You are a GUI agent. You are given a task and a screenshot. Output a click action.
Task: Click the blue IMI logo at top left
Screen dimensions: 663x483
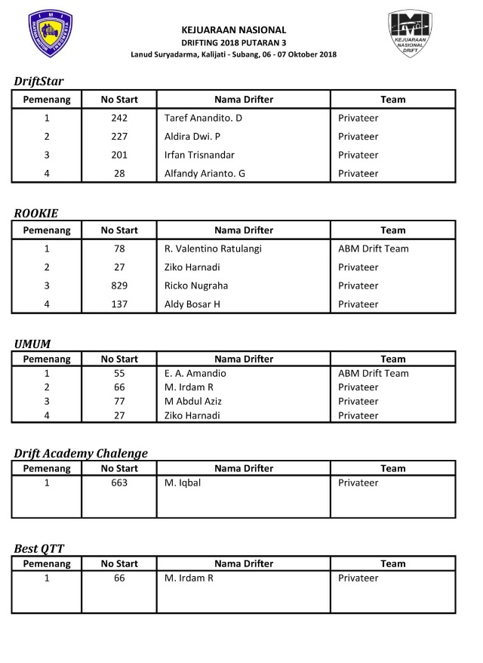coord(50,34)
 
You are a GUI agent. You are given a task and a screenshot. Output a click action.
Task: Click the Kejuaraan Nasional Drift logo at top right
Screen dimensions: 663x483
coord(410,34)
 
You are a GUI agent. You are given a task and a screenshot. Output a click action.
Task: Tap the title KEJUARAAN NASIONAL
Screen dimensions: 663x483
coord(239,30)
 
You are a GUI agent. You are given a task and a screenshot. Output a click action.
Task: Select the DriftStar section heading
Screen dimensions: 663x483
coord(38,82)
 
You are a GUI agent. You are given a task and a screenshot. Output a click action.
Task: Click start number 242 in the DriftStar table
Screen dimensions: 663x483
coord(119,119)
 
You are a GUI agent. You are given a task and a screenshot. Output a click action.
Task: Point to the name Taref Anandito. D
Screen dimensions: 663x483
coord(203,119)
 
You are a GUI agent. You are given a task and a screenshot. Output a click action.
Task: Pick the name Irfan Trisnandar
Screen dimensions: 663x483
coord(199,155)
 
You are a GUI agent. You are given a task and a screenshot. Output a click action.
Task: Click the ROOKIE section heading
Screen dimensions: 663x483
coord(35,214)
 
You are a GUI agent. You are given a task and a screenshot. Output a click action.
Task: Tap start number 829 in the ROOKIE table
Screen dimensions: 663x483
coord(119,285)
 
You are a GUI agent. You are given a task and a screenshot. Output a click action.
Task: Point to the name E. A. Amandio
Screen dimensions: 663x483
coord(195,373)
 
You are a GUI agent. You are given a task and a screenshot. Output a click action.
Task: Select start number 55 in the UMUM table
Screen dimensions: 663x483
coord(119,373)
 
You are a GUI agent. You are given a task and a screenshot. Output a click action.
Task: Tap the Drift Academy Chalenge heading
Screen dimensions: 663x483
coord(81,453)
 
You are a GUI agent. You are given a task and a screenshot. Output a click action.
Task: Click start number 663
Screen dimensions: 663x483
coord(119,483)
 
